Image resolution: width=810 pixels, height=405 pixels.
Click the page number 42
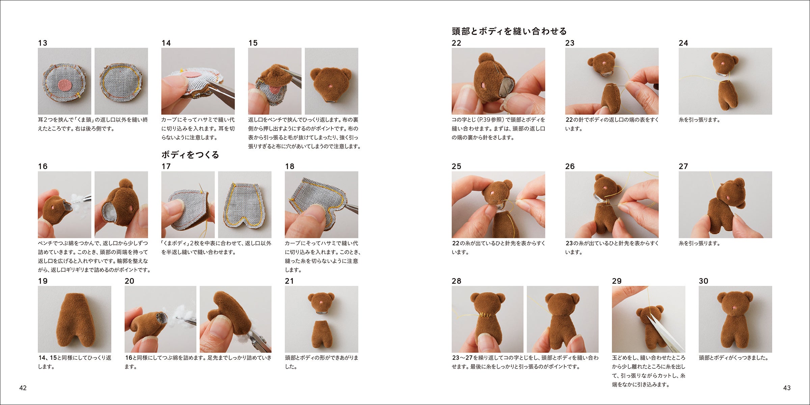pyautogui.click(x=23, y=388)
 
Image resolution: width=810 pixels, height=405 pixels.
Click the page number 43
pyautogui.click(x=787, y=388)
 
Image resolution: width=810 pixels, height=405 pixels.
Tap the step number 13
pyautogui.click(x=43, y=43)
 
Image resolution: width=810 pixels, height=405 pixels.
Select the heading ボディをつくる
pyautogui.click(x=190, y=155)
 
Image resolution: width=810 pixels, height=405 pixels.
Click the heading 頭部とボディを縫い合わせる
pyautogui.click(x=509, y=31)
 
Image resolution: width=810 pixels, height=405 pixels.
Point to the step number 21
pyautogui.click(x=289, y=281)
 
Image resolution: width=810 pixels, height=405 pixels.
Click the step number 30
pyautogui.click(x=703, y=281)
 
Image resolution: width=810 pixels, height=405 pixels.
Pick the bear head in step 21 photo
pyautogui.click(x=321, y=301)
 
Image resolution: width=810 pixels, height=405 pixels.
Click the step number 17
pyautogui.click(x=166, y=166)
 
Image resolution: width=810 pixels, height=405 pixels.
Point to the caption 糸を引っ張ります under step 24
pyautogui.click(x=699, y=120)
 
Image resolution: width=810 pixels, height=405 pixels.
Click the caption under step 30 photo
pyautogui.click(x=733, y=358)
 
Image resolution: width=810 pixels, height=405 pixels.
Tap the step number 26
pyautogui.click(x=570, y=166)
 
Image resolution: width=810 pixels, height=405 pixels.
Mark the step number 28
pyautogui.click(x=456, y=281)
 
